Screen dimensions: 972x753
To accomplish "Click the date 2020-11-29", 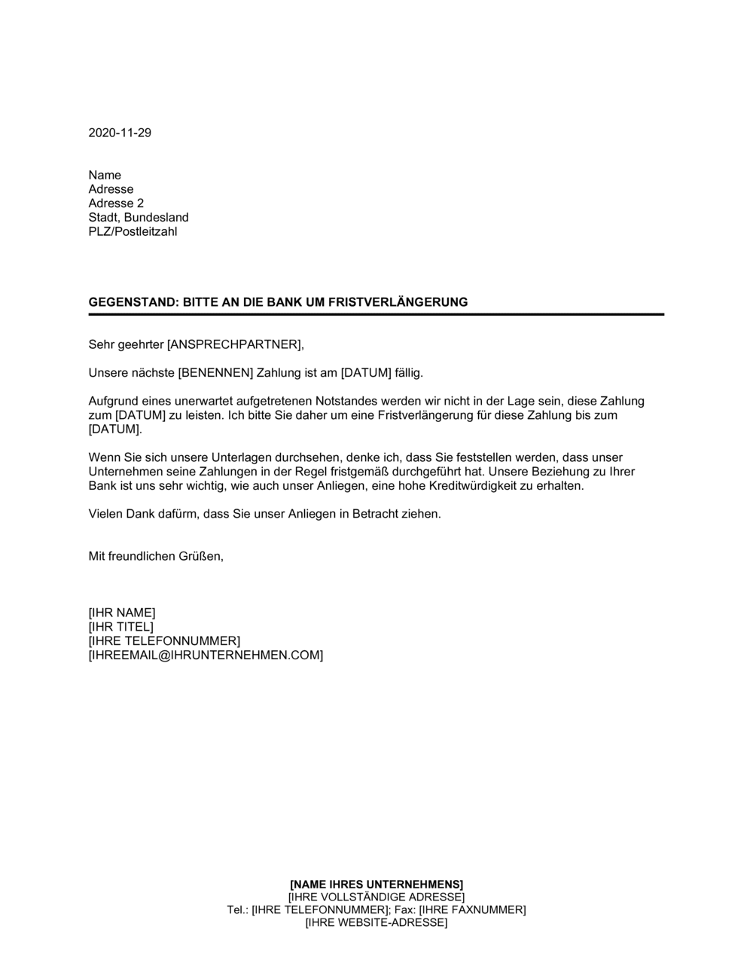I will click(x=120, y=133).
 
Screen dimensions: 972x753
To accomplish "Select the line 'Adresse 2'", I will click(x=116, y=203).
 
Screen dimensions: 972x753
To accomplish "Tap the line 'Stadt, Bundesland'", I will click(x=139, y=218).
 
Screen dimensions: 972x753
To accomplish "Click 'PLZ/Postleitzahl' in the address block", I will click(x=133, y=232).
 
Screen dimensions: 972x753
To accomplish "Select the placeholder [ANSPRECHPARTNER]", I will click(x=233, y=345).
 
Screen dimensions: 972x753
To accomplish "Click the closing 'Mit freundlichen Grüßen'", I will click(x=156, y=557).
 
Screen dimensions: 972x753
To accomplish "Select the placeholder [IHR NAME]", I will click(x=122, y=613).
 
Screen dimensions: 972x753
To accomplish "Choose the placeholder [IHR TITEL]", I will click(x=120, y=627).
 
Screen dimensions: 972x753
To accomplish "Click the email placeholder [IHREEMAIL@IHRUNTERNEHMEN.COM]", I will click(x=206, y=656).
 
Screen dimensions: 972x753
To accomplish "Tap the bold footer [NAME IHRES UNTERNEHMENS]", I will click(x=376, y=884).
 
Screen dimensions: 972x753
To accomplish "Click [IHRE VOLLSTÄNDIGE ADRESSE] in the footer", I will click(x=376, y=897).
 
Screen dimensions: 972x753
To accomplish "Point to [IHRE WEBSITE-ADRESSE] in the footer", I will click(x=376, y=922).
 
